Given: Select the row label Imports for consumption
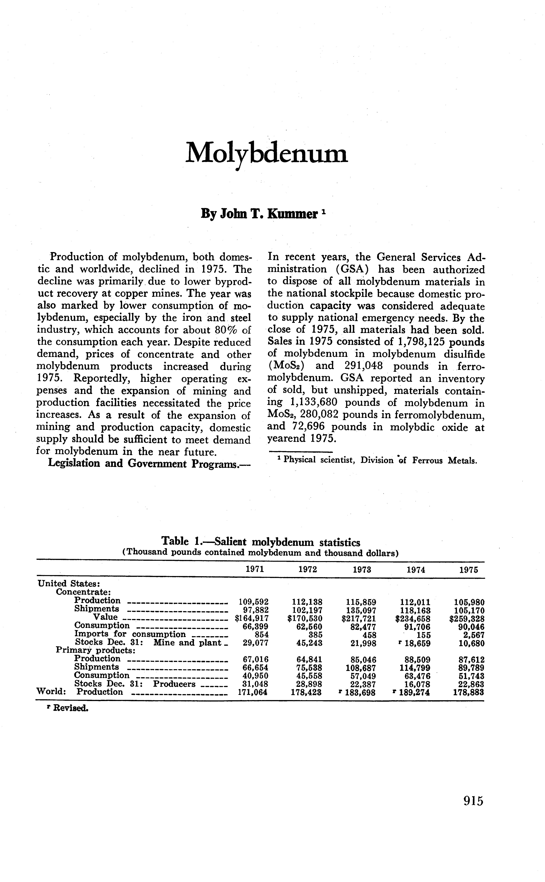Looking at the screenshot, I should pos(130,634).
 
